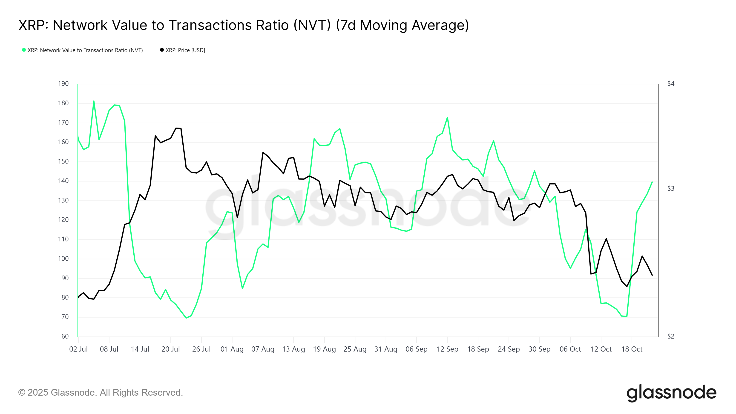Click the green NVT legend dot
pos(24,50)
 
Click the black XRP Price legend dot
pos(162,50)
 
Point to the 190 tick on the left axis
pos(63,84)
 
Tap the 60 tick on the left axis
pos(65,336)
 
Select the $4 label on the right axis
pos(671,84)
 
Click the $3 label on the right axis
pos(671,189)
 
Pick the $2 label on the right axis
pos(671,336)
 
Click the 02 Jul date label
pos(78,349)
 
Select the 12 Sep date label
pos(447,349)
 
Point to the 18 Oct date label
pos(632,349)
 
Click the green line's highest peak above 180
pos(94,101)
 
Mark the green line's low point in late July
pos(186,318)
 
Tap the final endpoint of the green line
pos(652,182)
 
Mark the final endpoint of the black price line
pos(652,275)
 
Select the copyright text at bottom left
pos(100,392)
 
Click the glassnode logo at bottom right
pos(671,393)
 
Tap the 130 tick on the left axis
pos(63,200)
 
